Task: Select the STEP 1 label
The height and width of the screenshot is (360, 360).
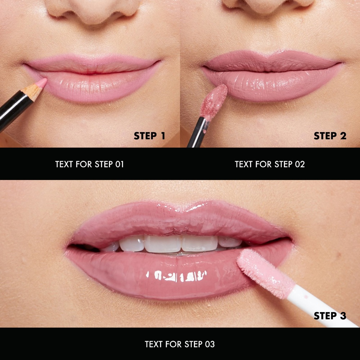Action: click(149, 136)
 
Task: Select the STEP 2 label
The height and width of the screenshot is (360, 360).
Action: click(330, 136)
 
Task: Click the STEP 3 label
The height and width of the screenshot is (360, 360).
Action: click(330, 316)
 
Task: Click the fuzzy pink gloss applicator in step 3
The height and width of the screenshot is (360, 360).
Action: click(263, 272)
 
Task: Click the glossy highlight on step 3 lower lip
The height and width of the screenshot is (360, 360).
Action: click(176, 276)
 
